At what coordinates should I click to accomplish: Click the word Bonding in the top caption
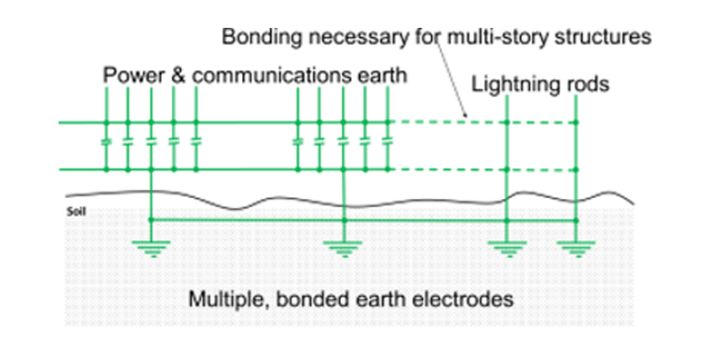click(255, 39)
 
